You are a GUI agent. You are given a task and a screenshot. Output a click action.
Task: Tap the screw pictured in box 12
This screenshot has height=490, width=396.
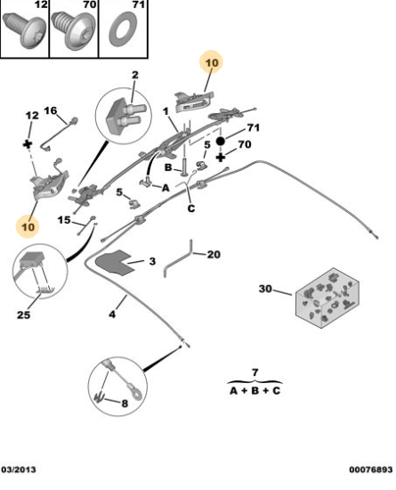tap(24, 31)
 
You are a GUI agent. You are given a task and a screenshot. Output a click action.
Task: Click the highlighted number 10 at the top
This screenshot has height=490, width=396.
tap(212, 63)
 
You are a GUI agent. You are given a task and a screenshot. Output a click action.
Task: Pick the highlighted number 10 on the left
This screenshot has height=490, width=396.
tap(28, 226)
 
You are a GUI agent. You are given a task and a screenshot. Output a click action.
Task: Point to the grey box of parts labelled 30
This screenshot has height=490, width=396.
tap(327, 298)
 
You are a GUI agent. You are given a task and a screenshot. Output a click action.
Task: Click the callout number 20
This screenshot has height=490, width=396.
tap(214, 255)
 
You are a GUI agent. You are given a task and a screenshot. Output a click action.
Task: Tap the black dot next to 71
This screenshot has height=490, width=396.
tap(221, 142)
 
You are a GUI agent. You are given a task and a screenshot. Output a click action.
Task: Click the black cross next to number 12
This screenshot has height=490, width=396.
tap(28, 144)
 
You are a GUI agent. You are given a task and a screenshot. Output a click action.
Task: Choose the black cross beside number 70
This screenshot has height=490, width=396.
tap(221, 157)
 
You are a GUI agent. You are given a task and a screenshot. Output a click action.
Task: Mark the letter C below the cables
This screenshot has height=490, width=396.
tap(191, 208)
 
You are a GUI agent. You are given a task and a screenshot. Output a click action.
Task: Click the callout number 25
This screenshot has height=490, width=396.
tap(23, 314)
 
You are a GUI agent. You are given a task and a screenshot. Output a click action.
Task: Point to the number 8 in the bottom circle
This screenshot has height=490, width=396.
tap(125, 404)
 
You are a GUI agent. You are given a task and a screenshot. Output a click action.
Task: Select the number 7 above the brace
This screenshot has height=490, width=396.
tap(255, 372)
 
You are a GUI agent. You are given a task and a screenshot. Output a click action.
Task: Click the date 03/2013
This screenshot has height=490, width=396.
tap(19, 470)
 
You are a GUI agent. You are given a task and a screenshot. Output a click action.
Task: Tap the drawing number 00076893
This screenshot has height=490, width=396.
tap(371, 470)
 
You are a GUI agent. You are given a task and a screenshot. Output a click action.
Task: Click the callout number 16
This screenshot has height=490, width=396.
tap(51, 110)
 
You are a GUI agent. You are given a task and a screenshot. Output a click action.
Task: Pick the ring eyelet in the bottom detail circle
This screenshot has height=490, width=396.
tap(136, 395)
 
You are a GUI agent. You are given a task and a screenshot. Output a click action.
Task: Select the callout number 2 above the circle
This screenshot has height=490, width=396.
tap(134, 75)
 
